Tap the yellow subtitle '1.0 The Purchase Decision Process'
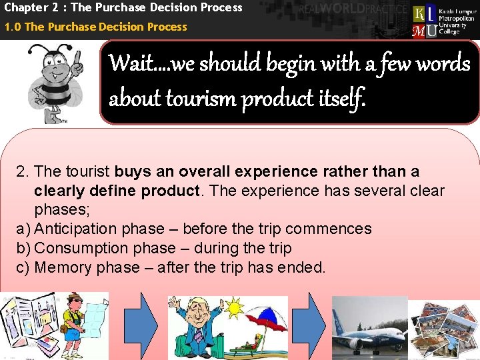(95, 27)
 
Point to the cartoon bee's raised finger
(77, 59)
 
